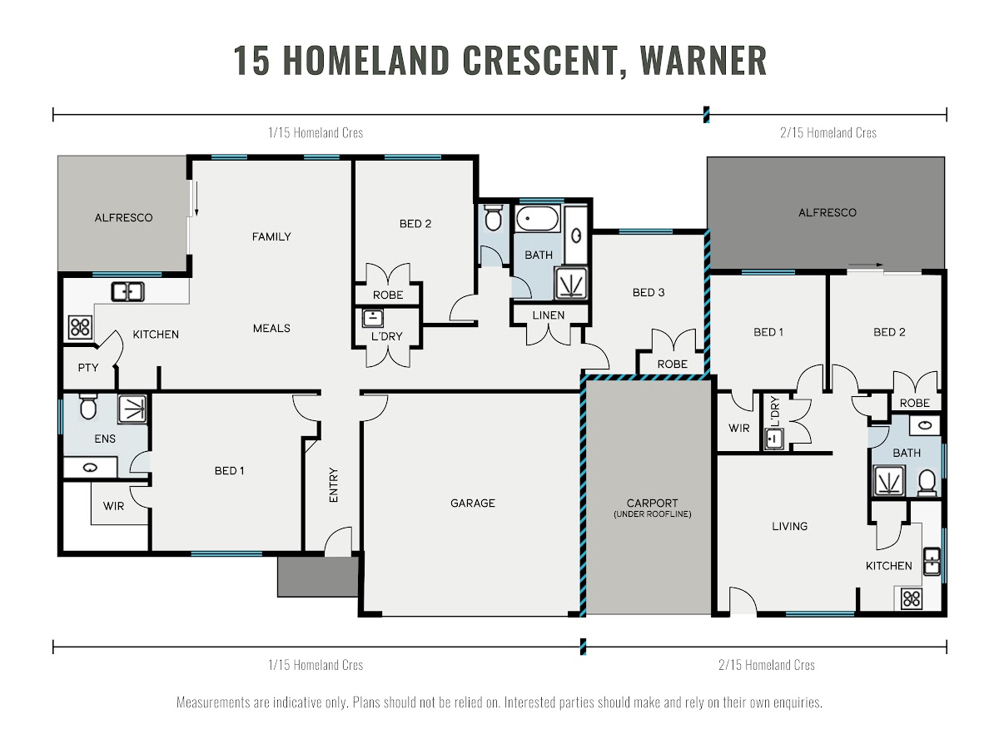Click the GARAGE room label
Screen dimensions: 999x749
[472, 503]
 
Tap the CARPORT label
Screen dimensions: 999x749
[652, 503]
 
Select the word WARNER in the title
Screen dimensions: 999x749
[703, 60]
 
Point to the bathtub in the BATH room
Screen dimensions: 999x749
[537, 219]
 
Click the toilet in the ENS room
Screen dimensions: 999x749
[88, 407]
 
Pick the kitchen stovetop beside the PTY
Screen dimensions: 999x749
[80, 327]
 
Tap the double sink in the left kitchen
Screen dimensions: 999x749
[128, 291]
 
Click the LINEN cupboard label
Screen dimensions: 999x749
[548, 315]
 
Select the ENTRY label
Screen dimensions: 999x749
[334, 485]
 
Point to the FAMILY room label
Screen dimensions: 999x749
[271, 236]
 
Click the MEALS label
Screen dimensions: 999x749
[271, 329]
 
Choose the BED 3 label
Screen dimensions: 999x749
[648, 292]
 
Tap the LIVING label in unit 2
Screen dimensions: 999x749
[790, 526]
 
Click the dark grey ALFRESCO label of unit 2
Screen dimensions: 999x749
[828, 212]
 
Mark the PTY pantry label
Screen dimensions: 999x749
[88, 368]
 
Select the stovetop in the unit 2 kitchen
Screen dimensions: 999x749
[912, 598]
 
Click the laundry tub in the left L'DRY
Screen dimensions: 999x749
[373, 318]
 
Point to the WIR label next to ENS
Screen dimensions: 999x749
[113, 506]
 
